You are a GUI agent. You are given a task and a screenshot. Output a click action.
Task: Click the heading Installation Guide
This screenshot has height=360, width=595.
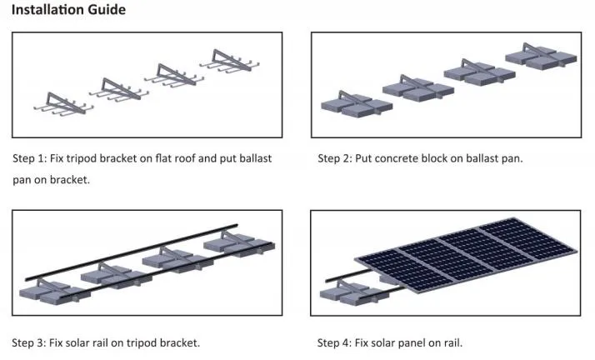point(68,10)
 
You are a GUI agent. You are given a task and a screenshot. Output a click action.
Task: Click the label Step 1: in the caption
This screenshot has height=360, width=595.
point(30,157)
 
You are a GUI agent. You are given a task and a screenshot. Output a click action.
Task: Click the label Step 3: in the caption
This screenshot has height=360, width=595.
point(30,342)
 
